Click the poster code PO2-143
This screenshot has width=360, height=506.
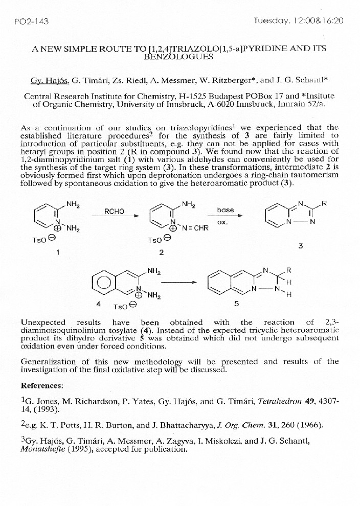pos(30,21)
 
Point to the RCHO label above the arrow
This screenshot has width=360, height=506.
pos(114,210)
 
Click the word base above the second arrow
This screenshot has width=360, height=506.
pos(226,210)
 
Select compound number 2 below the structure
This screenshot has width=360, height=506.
pos(161,252)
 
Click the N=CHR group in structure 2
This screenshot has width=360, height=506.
pos(195,228)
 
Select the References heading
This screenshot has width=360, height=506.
pos(42,384)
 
